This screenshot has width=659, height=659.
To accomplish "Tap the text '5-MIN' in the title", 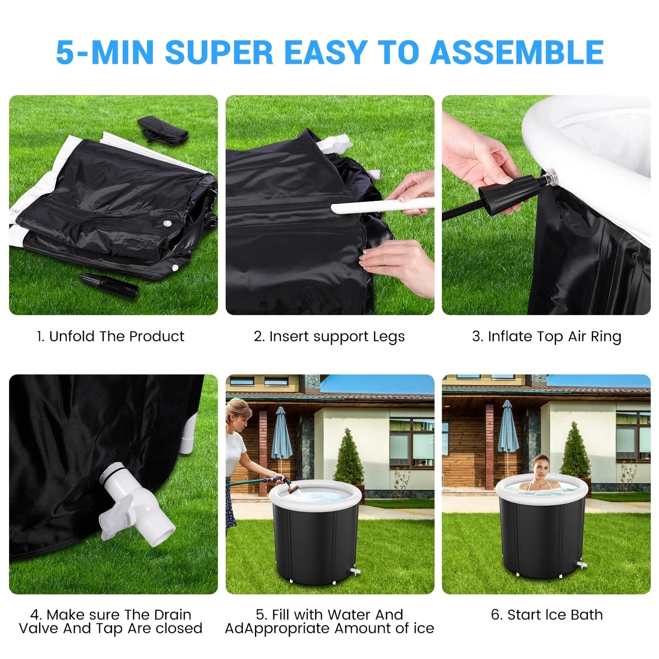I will click(x=104, y=52).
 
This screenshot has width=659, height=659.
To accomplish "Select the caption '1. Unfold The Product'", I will click(x=110, y=337).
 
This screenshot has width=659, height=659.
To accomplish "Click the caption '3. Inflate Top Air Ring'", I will click(x=546, y=337).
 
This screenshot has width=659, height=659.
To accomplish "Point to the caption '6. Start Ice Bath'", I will click(x=546, y=615).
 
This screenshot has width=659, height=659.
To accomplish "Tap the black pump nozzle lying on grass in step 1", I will click(x=109, y=285).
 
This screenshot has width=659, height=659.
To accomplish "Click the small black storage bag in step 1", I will click(x=163, y=129).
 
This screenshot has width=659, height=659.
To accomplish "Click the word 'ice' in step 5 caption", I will click(x=424, y=628).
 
